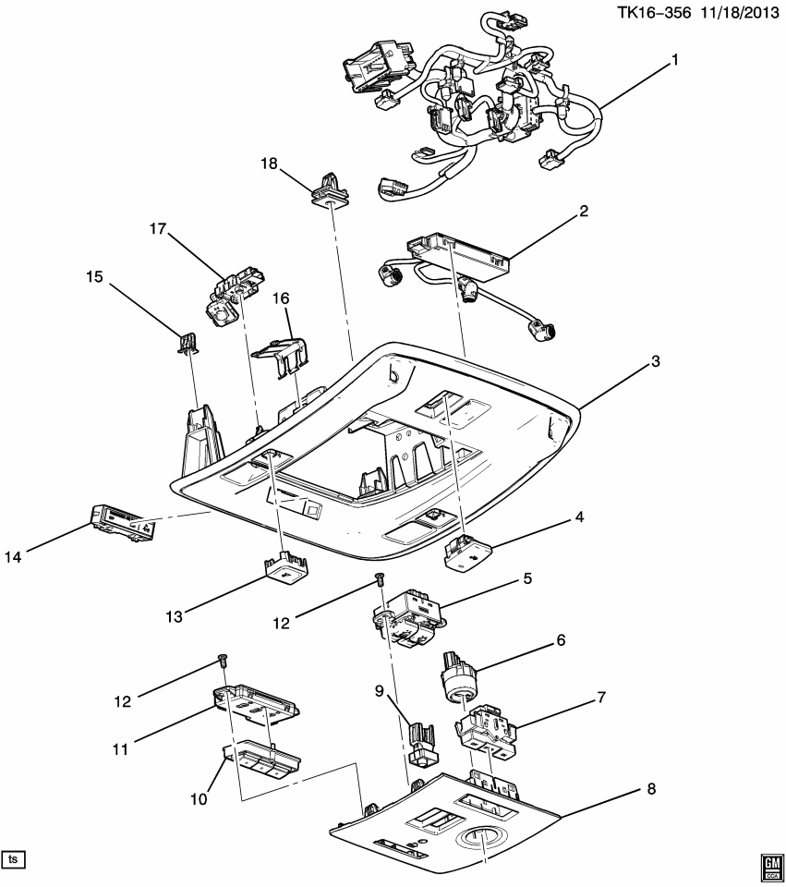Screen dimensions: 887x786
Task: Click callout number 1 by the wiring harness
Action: point(675,60)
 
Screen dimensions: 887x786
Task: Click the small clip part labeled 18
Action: point(329,188)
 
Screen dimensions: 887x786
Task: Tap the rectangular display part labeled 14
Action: point(122,524)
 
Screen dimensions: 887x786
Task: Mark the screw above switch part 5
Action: point(379,579)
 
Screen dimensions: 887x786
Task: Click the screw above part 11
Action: point(222,658)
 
